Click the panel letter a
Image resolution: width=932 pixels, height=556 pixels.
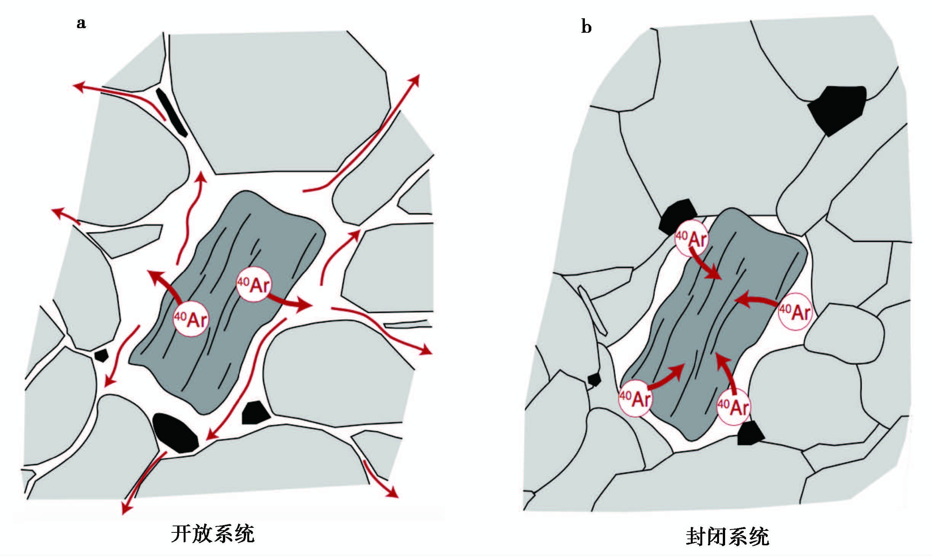81,23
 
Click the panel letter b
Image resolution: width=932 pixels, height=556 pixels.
586,27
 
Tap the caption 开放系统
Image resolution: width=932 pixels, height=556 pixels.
213,534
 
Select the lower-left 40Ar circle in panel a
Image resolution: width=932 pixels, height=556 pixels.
191,318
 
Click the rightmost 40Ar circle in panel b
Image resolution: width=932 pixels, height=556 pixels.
795,312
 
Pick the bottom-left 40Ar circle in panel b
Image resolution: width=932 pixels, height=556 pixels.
635,398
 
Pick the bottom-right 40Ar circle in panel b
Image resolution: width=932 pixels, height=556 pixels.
733,406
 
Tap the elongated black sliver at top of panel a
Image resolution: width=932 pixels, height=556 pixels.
171,112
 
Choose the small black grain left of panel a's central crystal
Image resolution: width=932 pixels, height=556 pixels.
101,355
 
